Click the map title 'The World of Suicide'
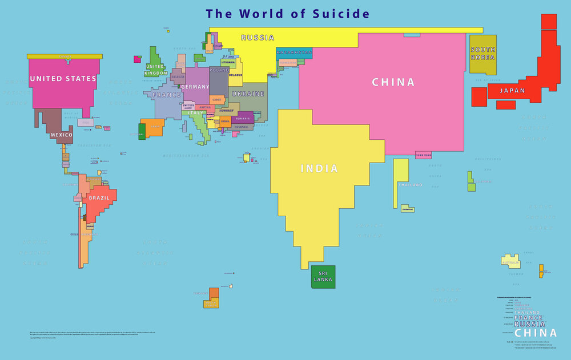tap(288, 14)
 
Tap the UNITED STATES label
tap(63, 79)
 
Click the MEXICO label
tap(62, 135)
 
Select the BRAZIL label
tap(99, 199)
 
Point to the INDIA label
tap(319, 169)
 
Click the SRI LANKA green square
tap(323, 277)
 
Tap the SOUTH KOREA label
tap(482, 54)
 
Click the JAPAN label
tap(512, 91)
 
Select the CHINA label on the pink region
tap(393, 82)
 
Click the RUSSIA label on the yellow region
tap(258, 38)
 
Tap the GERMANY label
tap(195, 87)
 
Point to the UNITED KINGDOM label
tap(156, 70)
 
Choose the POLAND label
tap(219, 70)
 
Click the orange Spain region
tap(153, 127)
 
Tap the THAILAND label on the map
tap(410, 185)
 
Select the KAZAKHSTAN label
tap(293, 52)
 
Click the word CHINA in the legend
tap(536, 333)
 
